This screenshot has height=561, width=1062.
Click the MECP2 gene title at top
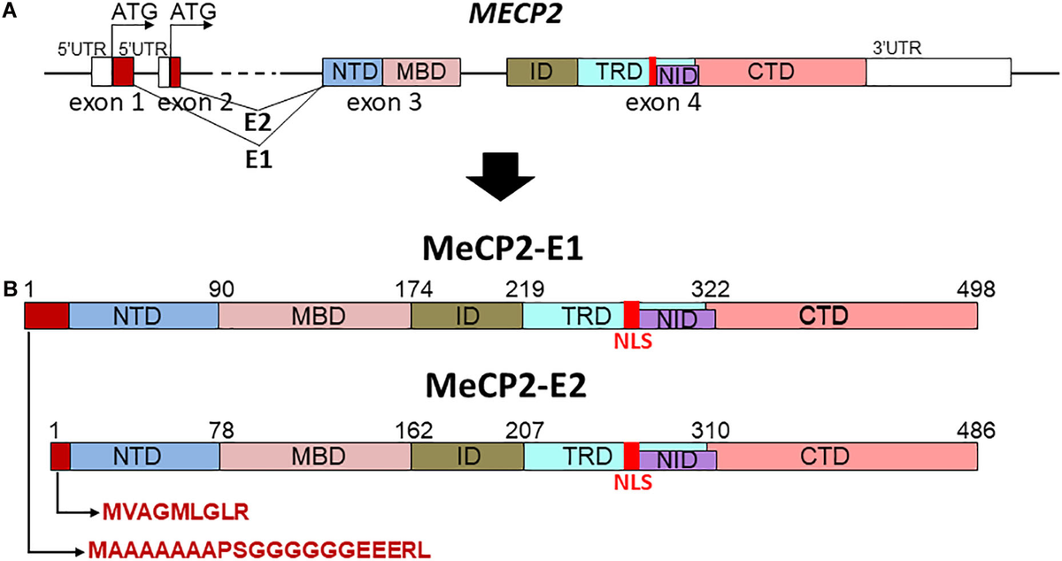(515, 13)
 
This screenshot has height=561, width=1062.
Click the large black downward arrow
(500, 176)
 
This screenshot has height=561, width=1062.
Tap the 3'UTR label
(897, 48)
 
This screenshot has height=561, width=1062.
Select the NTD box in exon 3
(353, 72)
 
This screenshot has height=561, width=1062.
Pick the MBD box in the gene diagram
(421, 72)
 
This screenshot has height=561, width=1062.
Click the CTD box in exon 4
(781, 72)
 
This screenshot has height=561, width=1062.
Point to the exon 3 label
(384, 103)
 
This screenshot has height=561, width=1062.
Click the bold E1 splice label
(258, 160)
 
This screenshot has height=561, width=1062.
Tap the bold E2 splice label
(258, 123)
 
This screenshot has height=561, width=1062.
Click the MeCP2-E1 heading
(503, 249)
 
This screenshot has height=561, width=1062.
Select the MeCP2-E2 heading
(506, 386)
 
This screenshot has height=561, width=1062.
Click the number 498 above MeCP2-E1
(975, 288)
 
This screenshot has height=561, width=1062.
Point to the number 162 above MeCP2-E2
(414, 431)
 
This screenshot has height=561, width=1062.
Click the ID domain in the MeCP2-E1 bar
(467, 315)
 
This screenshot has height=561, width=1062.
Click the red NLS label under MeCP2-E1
(633, 342)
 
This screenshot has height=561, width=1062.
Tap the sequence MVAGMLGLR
(175, 512)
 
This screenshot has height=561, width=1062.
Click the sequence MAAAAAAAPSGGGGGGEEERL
(259, 550)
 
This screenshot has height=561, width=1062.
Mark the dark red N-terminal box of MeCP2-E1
(47, 316)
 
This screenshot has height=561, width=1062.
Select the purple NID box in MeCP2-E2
(678, 460)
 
